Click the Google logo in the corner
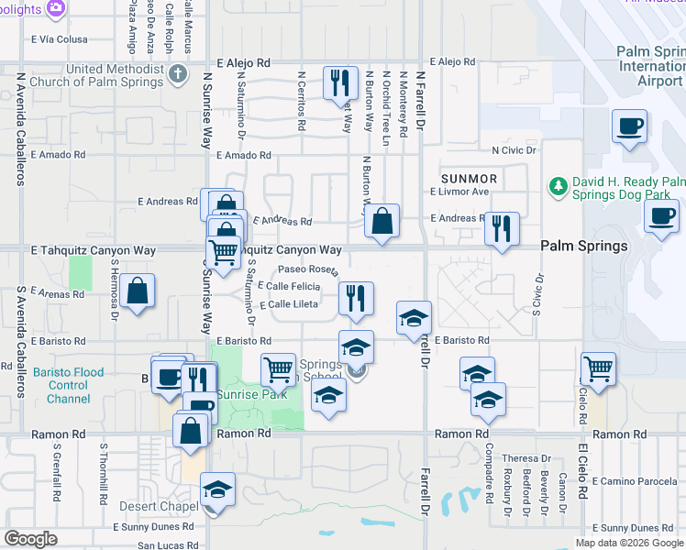point(31,539)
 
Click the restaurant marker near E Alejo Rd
point(340,82)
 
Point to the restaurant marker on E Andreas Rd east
point(502,228)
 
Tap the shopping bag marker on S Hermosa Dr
point(137,291)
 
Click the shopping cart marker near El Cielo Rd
point(598,368)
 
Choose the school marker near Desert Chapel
point(217,489)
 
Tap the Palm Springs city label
point(583,246)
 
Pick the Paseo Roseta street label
point(310,270)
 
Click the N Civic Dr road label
point(514,149)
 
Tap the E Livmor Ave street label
point(459,192)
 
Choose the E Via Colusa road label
point(60,39)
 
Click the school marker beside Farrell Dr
point(414,318)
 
